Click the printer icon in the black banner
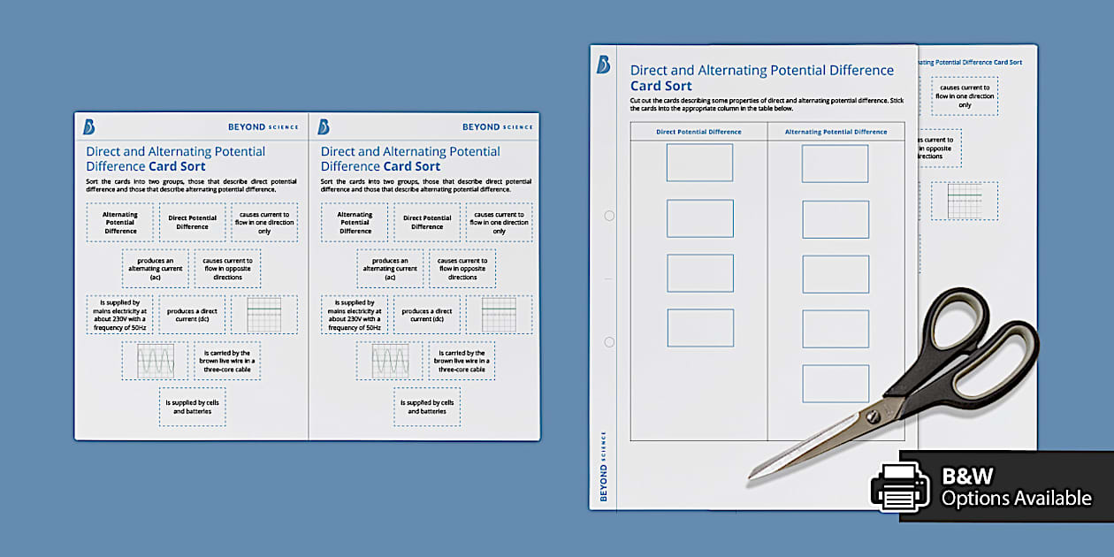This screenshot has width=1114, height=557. click(x=900, y=487)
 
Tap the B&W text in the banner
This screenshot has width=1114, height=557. click(x=968, y=477)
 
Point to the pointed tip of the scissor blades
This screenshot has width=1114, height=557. click(x=752, y=477)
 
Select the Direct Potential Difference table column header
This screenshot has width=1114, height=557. click(x=698, y=132)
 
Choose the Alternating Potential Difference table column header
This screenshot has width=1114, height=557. click(x=835, y=132)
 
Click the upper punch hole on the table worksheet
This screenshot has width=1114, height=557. click(x=608, y=216)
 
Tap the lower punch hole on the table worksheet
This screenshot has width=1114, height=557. click(x=608, y=342)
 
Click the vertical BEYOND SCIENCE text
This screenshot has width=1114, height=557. click(x=604, y=466)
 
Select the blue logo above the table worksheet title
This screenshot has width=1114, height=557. click(x=603, y=65)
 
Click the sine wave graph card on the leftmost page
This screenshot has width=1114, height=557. click(x=155, y=361)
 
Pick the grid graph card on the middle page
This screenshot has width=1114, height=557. click(x=499, y=315)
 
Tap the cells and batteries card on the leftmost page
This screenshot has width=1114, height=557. click(x=192, y=407)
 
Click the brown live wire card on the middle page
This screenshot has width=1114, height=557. click(x=462, y=361)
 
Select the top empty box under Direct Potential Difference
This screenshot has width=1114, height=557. click(x=699, y=163)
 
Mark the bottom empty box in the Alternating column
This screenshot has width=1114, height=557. click(x=835, y=384)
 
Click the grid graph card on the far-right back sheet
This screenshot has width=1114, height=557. click(x=964, y=201)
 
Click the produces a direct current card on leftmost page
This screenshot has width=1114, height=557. click(x=192, y=315)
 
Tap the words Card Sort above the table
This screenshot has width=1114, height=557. click(x=660, y=86)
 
